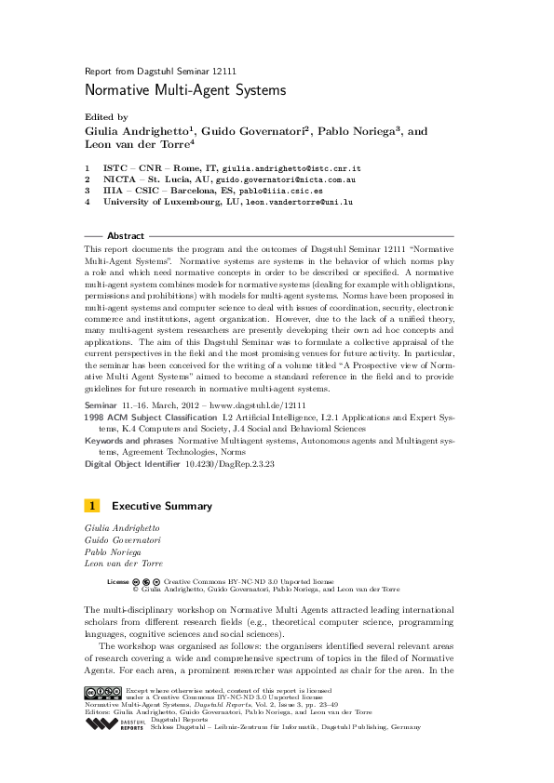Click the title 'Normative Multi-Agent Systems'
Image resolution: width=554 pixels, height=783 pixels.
(x=184, y=91)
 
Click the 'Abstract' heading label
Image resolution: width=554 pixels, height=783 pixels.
(x=126, y=236)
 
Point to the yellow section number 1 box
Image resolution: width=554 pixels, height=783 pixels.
(x=92, y=507)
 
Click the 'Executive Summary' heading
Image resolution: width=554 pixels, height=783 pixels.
(x=161, y=507)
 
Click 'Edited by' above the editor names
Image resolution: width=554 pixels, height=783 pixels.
(x=106, y=118)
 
